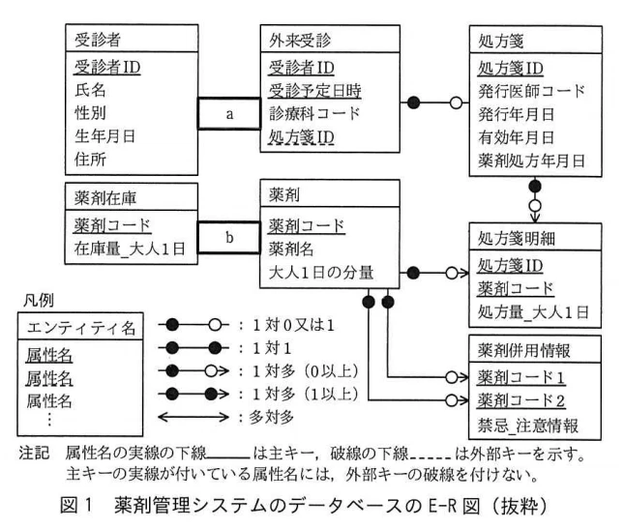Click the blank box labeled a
point(229,113)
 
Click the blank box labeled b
point(229,238)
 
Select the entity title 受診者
point(98,40)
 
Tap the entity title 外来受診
point(300,41)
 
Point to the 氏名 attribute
point(90,90)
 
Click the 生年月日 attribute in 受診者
point(105,136)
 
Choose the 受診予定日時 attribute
point(314,91)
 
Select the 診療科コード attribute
point(314,114)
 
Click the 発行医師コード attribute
point(531,91)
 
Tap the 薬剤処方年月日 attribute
point(531,161)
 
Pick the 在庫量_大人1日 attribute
point(130,249)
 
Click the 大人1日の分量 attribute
point(321,273)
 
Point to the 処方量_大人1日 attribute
point(533,311)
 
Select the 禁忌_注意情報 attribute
point(527,426)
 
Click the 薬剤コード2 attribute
point(520,400)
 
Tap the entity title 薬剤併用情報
point(523,350)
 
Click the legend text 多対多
point(272,417)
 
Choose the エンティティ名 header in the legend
point(81,328)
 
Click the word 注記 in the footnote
point(34,453)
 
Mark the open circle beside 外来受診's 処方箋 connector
point(456,103)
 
